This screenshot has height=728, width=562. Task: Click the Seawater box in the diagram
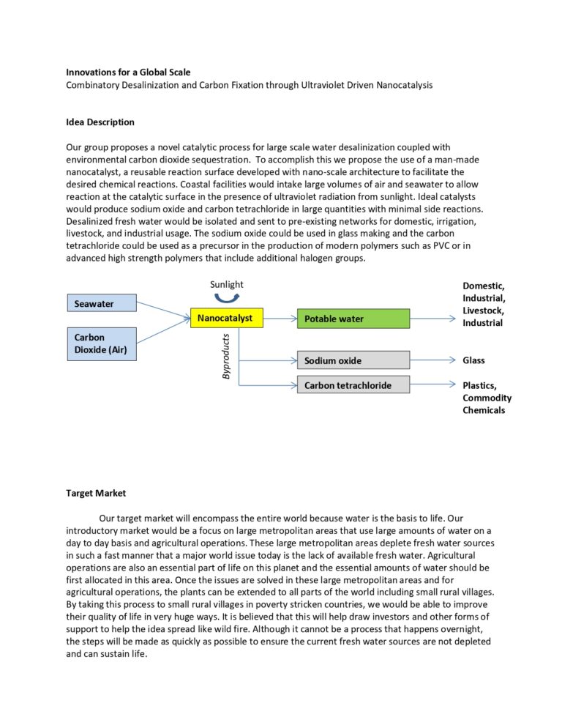[102, 303]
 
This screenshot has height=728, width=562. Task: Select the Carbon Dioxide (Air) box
[102, 343]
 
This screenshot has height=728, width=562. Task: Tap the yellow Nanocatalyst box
[225, 318]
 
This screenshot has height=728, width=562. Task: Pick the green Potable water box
[353, 319]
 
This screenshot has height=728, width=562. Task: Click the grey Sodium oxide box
[353, 360]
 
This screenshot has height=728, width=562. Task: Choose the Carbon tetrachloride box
[353, 385]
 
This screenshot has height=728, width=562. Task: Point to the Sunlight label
[226, 284]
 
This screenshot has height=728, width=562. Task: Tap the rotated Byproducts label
[225, 357]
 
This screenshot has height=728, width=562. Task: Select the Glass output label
[473, 360]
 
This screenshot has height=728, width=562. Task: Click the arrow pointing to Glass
[432, 360]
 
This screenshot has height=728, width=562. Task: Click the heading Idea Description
[100, 122]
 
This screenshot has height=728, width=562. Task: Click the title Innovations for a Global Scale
[128, 73]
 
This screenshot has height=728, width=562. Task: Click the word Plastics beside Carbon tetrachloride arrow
[479, 386]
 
